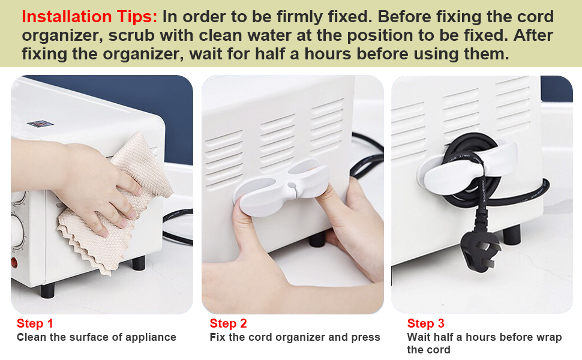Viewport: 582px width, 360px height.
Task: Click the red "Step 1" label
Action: tap(35, 324)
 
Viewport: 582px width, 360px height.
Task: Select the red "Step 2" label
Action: tap(228, 324)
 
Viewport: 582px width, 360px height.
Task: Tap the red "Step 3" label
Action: tap(425, 324)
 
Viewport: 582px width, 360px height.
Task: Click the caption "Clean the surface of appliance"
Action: tap(96, 337)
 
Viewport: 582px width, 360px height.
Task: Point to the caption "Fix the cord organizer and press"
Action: tap(295, 337)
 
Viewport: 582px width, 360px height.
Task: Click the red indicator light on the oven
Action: tap(14, 262)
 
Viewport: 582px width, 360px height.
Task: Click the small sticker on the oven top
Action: tap(40, 124)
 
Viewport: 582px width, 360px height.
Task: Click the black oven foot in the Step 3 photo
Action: tap(511, 235)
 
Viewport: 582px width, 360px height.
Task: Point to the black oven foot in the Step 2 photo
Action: tap(316, 239)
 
